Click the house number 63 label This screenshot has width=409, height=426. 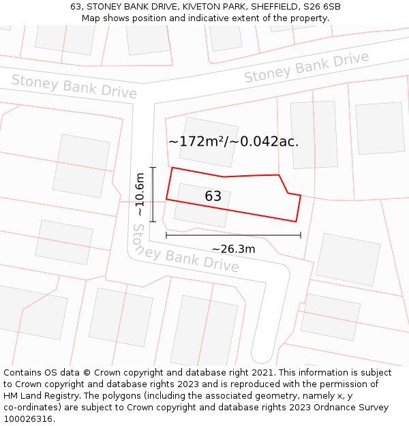click(213, 196)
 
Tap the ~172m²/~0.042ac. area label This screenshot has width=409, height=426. click(233, 142)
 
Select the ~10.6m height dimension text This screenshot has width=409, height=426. click(140, 195)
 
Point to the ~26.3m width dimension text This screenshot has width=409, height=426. click(233, 249)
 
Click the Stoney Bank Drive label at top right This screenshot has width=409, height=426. click(306, 67)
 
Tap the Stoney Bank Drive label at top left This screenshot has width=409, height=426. click(74, 87)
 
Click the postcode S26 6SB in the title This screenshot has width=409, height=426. click(322, 7)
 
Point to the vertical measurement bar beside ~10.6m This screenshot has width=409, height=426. click(153, 195)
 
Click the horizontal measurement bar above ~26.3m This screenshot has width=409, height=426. click(233, 236)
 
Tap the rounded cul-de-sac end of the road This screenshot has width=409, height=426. click(262, 355)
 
